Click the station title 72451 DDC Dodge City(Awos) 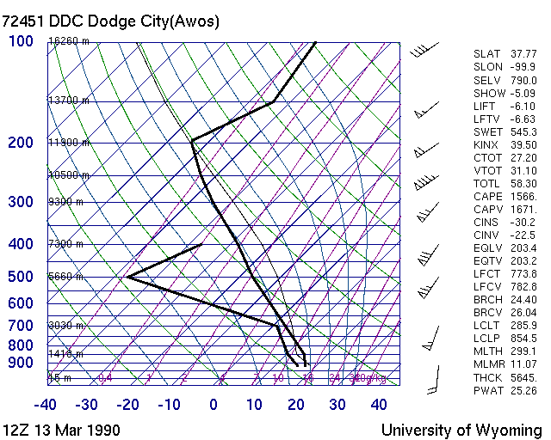110,21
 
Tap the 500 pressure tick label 20,277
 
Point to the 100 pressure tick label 20,40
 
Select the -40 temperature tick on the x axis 46,405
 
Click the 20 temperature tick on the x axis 296,405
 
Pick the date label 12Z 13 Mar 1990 61,430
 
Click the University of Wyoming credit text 461,430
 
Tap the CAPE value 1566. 523,197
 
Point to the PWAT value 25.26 523,391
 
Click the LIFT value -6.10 523,106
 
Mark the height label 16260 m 69,40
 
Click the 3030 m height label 65,325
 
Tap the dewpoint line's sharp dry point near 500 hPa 127,277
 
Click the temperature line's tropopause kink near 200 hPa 192,140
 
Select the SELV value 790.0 523,80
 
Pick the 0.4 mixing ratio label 105,377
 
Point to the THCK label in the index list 487,378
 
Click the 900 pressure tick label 20,363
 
